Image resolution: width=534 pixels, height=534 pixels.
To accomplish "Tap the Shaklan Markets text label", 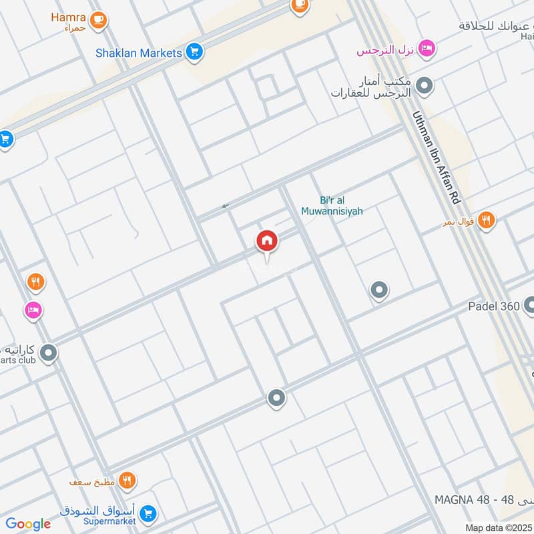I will tap(138, 52).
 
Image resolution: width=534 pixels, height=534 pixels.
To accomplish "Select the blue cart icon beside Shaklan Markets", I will tap(195, 51).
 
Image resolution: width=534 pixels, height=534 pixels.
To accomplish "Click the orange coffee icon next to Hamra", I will tap(99, 21).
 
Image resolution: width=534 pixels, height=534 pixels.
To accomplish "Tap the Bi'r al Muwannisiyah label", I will tap(341, 206).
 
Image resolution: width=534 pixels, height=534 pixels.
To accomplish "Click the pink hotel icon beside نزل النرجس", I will tap(428, 49).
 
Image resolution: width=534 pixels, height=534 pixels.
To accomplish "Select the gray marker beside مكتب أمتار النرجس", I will tap(424, 85).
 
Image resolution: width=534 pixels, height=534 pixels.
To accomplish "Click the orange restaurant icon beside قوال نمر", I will tap(487, 220).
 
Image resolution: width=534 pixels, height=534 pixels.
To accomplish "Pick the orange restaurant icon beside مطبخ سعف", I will tap(127, 480).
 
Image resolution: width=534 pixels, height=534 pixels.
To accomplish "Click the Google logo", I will tap(28, 524).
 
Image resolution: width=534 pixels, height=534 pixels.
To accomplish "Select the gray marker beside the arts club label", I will tap(48, 353).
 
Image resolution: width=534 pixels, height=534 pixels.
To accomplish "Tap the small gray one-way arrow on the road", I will tap(225, 206).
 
